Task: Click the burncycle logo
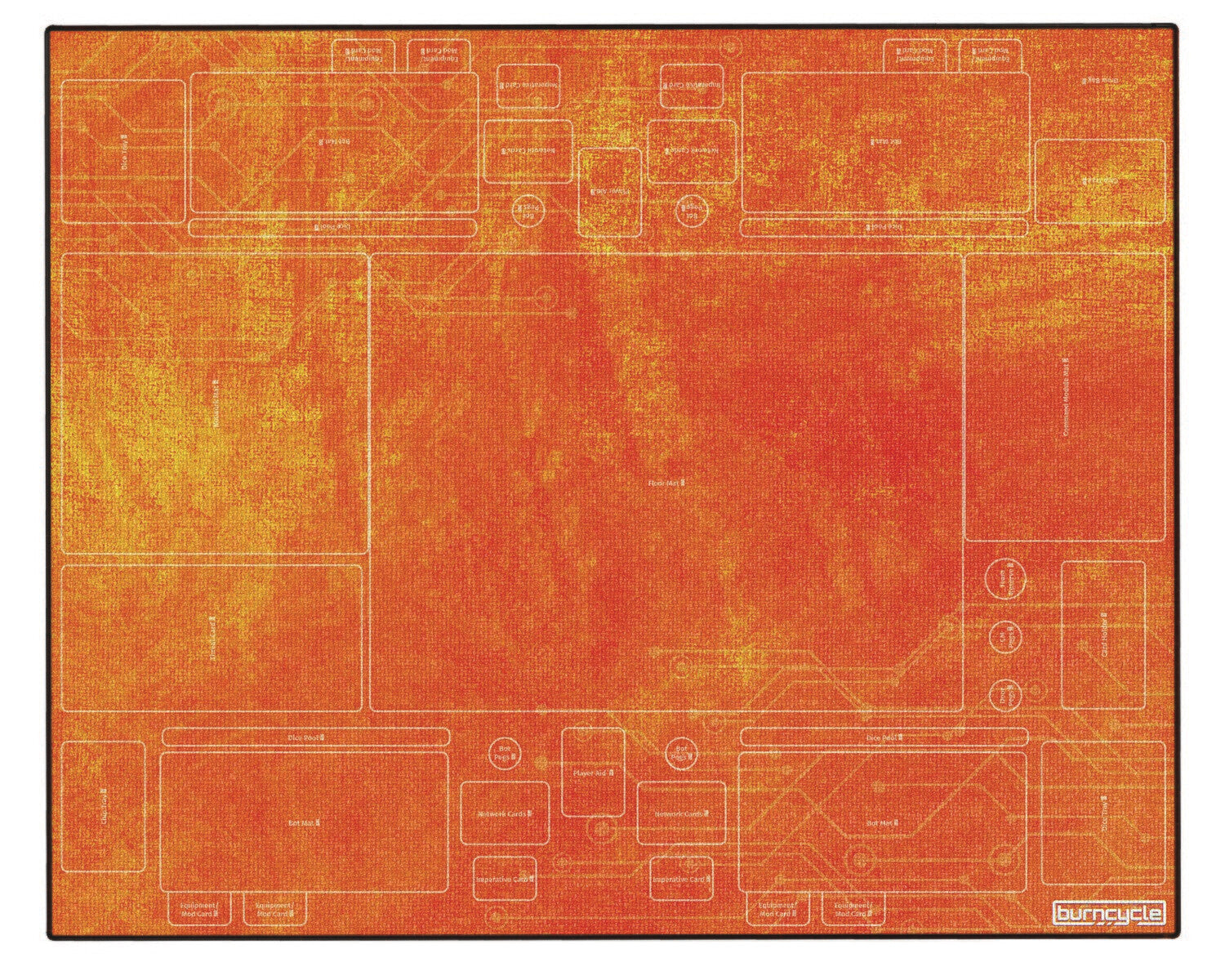[x=1108, y=913]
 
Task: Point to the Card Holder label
[x=1103, y=635]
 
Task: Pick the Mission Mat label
[x=216, y=403]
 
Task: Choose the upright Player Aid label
[x=594, y=771]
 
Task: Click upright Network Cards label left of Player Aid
[x=505, y=814]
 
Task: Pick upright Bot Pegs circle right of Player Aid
[x=679, y=753]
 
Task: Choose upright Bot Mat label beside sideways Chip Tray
[x=304, y=824]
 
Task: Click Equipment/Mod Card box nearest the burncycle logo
[x=853, y=910]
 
